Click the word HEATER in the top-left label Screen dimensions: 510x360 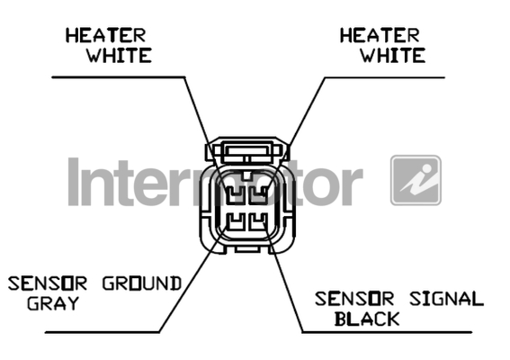[x=106, y=35]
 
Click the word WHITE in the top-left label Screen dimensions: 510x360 [x=119, y=55]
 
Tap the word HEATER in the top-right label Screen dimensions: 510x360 [x=380, y=35]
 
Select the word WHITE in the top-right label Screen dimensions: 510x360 [x=392, y=55]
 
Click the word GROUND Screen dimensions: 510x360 [x=142, y=283]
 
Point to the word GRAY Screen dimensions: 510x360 [x=53, y=303]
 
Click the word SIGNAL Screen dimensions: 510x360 [x=446, y=299]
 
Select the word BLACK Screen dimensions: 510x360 [x=367, y=319]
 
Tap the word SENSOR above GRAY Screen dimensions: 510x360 [x=48, y=283]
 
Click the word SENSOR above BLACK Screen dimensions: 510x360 [x=354, y=299]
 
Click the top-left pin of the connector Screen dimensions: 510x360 [x=235, y=194]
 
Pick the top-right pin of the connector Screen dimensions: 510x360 [x=258, y=194]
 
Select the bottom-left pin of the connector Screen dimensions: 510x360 [x=235, y=221]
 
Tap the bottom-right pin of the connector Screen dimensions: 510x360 [x=258, y=221]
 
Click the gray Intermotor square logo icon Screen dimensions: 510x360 [x=416, y=180]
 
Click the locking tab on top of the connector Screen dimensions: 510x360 [x=247, y=151]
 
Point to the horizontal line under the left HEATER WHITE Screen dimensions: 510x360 [x=119, y=77]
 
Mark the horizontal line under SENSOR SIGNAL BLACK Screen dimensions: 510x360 [x=387, y=332]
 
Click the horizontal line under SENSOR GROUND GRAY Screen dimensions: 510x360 [x=103, y=332]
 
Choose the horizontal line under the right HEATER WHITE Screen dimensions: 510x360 [x=385, y=77]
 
